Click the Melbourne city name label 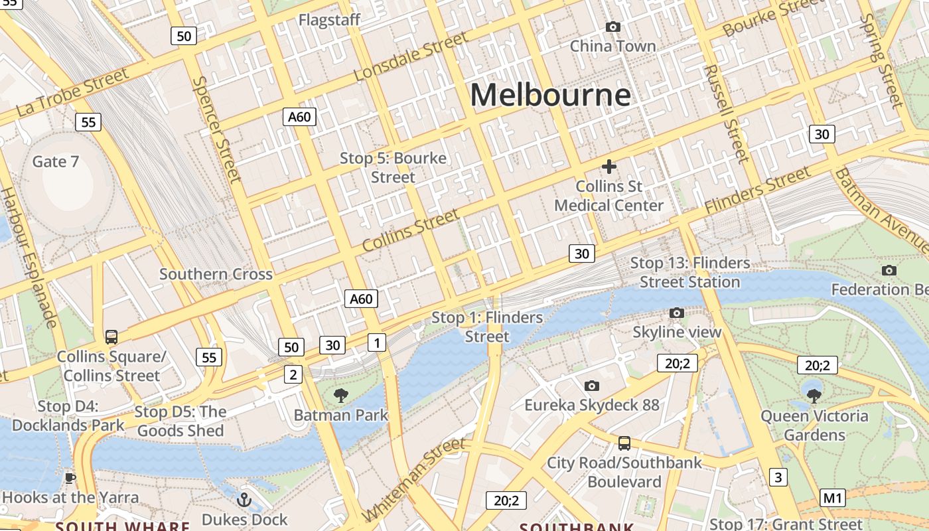(x=550, y=95)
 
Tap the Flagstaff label (x=329, y=20)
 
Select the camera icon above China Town (x=613, y=27)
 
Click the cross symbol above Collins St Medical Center (x=608, y=167)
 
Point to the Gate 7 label (x=56, y=161)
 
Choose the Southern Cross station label (x=216, y=274)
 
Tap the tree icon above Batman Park (x=341, y=396)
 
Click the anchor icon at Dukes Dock (x=244, y=499)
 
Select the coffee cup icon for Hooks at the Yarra (x=70, y=478)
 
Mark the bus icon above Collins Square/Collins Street (x=111, y=337)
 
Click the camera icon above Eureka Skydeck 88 (x=592, y=386)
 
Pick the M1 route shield (x=833, y=498)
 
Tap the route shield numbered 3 (x=778, y=477)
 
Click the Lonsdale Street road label (x=411, y=57)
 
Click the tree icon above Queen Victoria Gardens (x=814, y=396)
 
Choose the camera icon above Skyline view (x=677, y=313)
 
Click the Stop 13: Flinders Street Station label (x=690, y=272)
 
